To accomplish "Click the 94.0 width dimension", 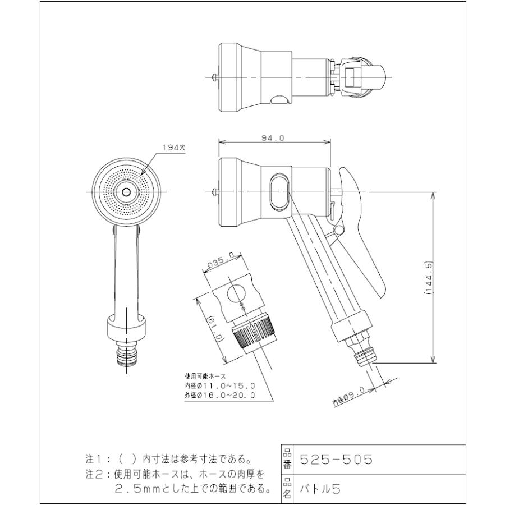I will pos(274,137).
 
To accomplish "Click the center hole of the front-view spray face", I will pos(126,192).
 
